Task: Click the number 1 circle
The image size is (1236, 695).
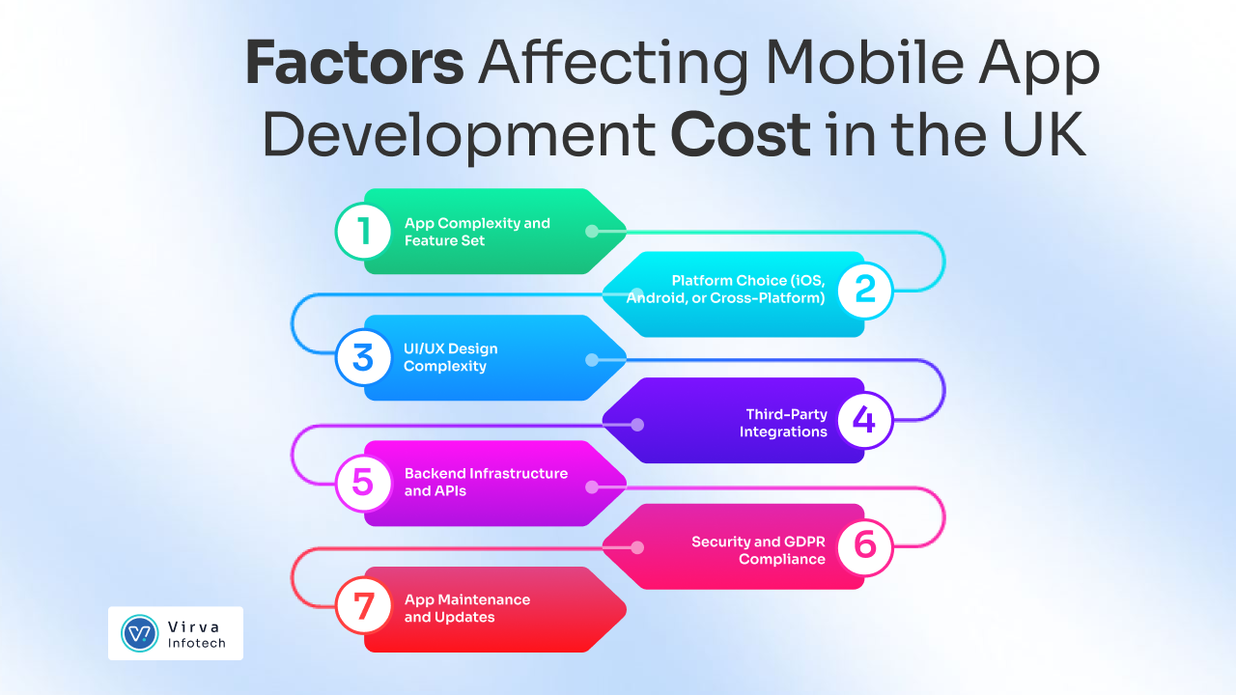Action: (x=363, y=232)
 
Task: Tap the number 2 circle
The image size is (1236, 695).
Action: (x=864, y=290)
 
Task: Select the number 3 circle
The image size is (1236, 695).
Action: (x=363, y=357)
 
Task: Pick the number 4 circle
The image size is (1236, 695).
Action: (x=864, y=421)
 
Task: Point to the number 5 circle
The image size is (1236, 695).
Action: (x=363, y=483)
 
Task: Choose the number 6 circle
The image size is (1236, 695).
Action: (x=864, y=546)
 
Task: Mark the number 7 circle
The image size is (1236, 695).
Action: (x=363, y=608)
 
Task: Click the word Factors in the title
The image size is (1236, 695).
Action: (x=354, y=65)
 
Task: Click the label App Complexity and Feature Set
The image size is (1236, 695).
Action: (x=476, y=232)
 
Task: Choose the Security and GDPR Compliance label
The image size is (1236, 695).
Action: (x=759, y=550)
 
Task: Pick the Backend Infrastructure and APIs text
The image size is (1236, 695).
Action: (x=486, y=483)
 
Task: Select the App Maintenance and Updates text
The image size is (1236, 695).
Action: (x=466, y=608)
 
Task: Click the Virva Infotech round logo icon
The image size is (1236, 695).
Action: (x=139, y=633)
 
